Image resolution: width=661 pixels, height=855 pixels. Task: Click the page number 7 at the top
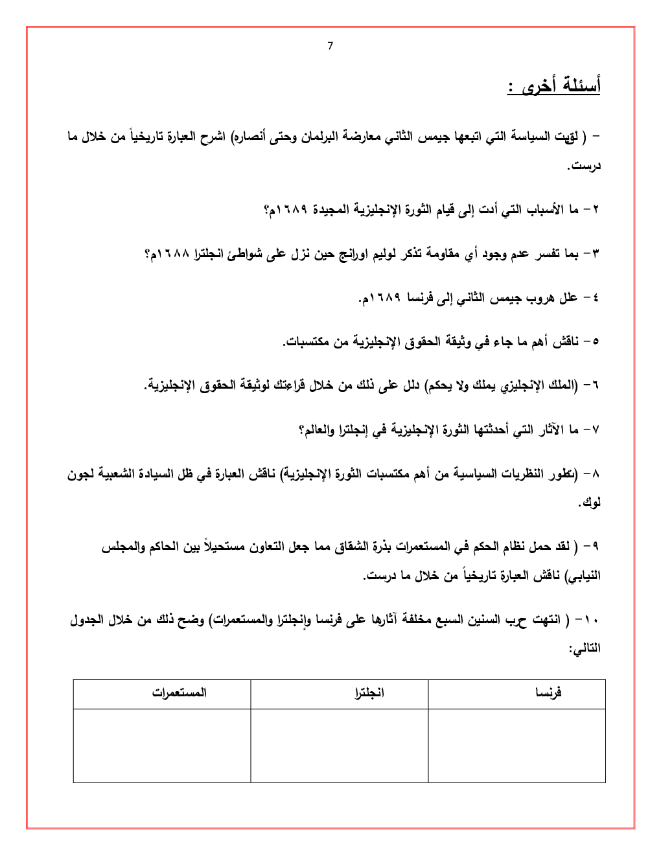pos(330,46)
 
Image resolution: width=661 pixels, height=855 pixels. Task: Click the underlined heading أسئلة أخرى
pos(554,85)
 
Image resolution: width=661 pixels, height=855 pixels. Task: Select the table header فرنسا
pos(548,693)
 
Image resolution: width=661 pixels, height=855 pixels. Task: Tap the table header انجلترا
pos(369,693)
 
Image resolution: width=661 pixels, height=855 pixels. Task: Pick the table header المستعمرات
pos(180,693)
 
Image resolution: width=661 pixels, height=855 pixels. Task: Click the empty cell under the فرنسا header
pos(516,746)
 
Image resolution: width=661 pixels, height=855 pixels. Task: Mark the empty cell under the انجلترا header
pos(339,746)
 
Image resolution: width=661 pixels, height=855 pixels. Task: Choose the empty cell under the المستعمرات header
pos(162,746)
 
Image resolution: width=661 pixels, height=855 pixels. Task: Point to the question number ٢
pos(596,210)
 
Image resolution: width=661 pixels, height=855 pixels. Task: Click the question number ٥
pos(596,341)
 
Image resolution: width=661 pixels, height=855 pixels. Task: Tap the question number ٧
pos(596,429)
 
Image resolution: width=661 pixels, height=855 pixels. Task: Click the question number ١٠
pos(591,621)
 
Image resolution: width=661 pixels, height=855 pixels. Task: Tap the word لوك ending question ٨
pos(590,503)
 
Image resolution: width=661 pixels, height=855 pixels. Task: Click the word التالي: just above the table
pos(585,648)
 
